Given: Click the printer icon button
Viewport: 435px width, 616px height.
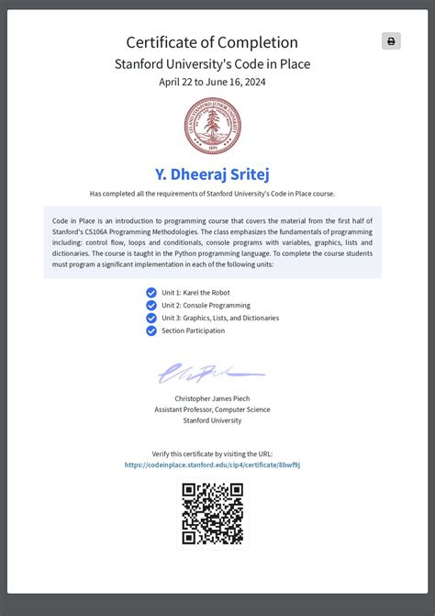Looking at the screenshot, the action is [x=391, y=41].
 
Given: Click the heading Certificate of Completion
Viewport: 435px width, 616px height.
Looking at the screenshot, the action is [x=212, y=42].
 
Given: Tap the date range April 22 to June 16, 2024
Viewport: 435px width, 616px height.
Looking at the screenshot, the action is [x=212, y=82].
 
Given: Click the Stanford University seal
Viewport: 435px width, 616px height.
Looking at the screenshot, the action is [x=212, y=126].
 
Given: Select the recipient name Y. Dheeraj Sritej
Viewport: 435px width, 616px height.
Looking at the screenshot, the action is [x=212, y=174].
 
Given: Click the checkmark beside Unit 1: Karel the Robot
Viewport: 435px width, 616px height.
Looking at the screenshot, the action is [x=151, y=293].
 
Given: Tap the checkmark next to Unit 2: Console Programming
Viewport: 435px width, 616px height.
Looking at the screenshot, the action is [x=151, y=306].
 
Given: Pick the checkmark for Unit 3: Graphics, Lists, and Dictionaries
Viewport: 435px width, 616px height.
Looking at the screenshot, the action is [x=151, y=319].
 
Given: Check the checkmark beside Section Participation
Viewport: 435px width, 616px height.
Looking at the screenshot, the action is [x=151, y=330].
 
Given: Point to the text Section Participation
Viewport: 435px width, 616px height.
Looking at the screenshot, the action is [x=193, y=330].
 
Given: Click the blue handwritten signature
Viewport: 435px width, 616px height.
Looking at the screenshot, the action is [x=210, y=373].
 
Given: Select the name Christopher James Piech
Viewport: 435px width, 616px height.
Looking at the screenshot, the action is [x=212, y=398].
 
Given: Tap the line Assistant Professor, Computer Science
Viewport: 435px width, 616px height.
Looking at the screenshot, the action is [x=212, y=409].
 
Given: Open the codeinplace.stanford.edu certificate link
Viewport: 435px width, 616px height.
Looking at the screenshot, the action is [x=212, y=465].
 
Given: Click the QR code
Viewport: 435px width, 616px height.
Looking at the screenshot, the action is [x=212, y=513].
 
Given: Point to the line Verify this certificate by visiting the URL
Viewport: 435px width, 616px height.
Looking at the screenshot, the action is [x=212, y=454].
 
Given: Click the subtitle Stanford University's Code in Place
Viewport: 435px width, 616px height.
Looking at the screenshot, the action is [x=212, y=64].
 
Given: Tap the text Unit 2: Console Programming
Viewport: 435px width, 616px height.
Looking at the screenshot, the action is [x=206, y=306].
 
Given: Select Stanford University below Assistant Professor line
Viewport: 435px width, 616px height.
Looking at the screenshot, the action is [x=212, y=420].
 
